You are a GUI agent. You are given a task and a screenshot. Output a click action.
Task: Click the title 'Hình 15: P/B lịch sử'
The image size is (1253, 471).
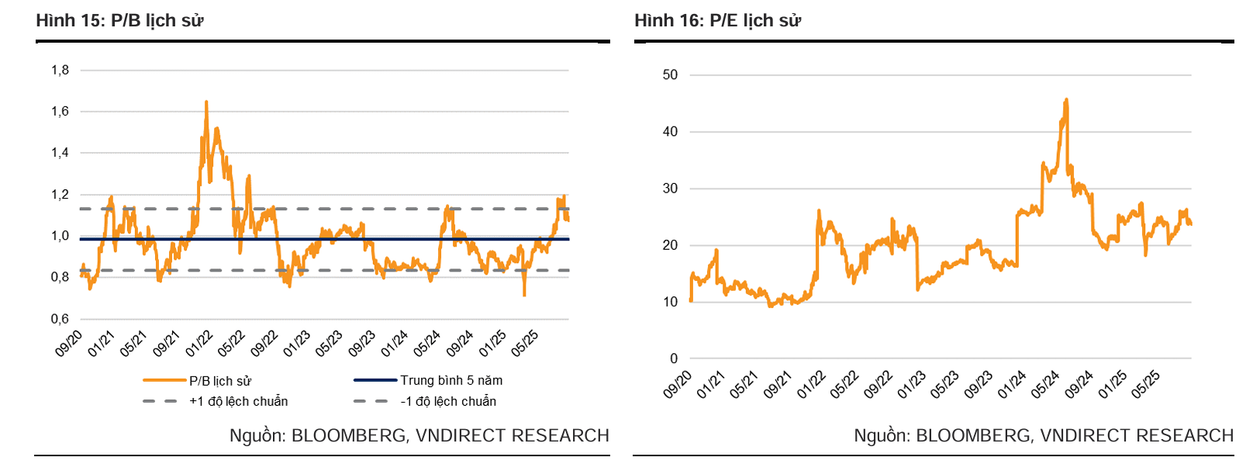tap(119, 20)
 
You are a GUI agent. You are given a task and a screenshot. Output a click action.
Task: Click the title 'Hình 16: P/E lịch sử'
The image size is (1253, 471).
tap(717, 20)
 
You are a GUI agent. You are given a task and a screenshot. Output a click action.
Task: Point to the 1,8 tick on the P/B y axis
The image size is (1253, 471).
tap(60, 70)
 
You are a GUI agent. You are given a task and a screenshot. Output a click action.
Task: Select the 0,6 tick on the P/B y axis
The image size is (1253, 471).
tap(60, 319)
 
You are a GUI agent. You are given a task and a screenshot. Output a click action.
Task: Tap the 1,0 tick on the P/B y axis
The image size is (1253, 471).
tap(60, 236)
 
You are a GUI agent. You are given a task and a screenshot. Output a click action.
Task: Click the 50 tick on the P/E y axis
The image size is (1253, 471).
tap(670, 75)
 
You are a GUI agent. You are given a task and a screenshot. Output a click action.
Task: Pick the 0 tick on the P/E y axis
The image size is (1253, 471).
tap(674, 358)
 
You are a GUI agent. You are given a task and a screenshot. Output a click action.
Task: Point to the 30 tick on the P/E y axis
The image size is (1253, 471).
tap(670, 189)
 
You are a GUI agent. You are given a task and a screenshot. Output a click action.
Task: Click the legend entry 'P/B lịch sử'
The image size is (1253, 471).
tap(220, 381)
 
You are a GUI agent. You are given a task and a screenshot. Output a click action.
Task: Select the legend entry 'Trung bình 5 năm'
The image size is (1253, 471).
tap(451, 380)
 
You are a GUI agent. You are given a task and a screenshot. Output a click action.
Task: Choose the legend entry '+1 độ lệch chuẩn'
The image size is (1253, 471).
tap(238, 401)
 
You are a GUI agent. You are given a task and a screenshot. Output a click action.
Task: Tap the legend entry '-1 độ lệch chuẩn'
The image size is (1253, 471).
tap(448, 401)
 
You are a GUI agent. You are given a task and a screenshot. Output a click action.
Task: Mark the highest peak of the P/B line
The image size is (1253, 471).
tap(206, 102)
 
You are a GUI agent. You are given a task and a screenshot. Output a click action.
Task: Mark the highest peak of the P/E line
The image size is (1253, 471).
tap(1067, 99)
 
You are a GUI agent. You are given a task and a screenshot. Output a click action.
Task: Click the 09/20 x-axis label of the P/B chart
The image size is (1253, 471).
tap(69, 344)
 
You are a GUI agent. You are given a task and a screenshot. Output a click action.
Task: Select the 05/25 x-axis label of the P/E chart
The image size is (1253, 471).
tap(1145, 384)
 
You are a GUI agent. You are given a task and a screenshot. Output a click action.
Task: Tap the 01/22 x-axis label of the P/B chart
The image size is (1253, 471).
tap(199, 344)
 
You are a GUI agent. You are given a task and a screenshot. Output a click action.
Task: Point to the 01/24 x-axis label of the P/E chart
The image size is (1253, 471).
tap(1011, 384)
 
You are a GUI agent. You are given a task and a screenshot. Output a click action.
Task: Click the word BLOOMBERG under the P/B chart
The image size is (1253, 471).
tap(349, 436)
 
